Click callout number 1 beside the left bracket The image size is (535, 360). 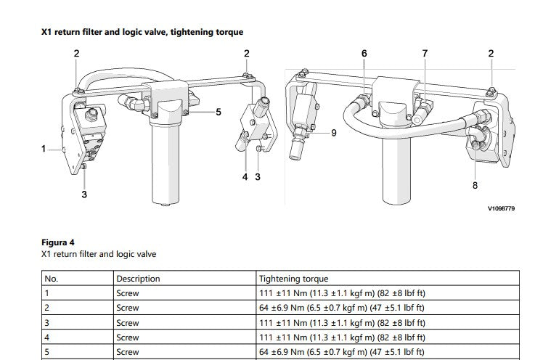pos(44,149)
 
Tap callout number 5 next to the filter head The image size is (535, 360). pos(219,112)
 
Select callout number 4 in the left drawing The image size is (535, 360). pos(245,177)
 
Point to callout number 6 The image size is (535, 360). pos(364,54)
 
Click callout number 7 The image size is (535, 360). pos(425,54)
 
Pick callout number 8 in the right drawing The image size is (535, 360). pos(475,185)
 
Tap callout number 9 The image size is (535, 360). pos(334,133)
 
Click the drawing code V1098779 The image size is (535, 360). pos(501,208)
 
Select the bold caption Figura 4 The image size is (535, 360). pos(57,242)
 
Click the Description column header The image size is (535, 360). pos(138,279)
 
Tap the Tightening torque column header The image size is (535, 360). pos(293,279)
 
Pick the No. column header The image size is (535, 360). pos(52,279)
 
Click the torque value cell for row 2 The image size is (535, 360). pos(341,308)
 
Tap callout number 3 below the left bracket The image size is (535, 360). pos(84,195)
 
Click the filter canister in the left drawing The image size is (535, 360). pos(165,160)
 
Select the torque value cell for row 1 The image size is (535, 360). pos(342,293)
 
